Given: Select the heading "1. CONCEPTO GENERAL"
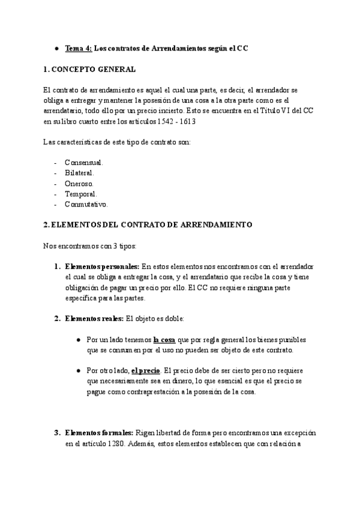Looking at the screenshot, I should [x=90, y=70].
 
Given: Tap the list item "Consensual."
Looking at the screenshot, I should [x=84, y=163].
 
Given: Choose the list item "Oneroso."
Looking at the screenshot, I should [x=79, y=183].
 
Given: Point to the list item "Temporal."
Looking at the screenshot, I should [x=81, y=194].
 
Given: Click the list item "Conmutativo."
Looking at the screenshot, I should [x=86, y=204].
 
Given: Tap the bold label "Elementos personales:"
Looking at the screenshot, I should [x=101, y=266].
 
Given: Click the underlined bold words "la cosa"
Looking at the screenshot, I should [x=164, y=339].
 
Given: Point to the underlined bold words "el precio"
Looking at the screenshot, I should [x=145, y=370].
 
